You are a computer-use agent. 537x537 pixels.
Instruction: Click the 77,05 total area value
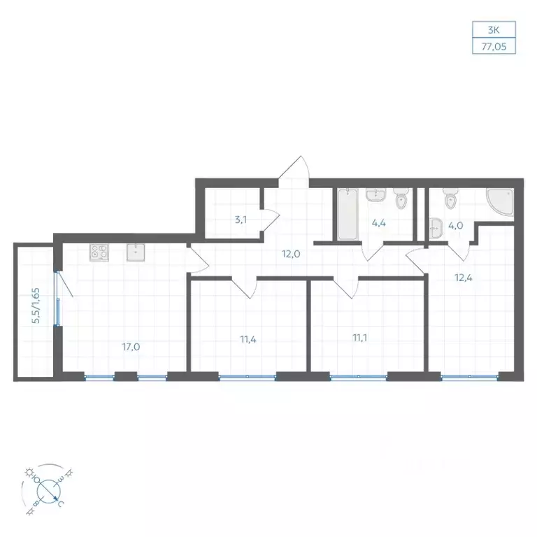click(494, 47)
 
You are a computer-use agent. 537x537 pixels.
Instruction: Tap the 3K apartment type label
click(494, 30)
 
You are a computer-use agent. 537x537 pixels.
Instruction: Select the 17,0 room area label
click(131, 347)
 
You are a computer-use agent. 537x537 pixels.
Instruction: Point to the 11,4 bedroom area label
click(248, 339)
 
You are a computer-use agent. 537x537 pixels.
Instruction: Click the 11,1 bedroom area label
click(360, 338)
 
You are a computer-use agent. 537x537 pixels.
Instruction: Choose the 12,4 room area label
click(464, 278)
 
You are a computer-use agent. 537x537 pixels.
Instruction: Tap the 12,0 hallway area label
click(291, 254)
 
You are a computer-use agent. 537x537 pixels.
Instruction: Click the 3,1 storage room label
click(241, 220)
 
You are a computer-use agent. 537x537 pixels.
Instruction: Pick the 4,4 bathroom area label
click(379, 223)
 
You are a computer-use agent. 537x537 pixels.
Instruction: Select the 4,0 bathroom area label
click(456, 226)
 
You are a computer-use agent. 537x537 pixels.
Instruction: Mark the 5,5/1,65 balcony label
click(36, 306)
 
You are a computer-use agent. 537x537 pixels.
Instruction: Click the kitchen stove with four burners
click(99, 252)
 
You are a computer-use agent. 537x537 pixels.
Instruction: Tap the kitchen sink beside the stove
click(136, 252)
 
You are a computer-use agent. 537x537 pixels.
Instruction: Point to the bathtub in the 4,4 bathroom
click(348, 214)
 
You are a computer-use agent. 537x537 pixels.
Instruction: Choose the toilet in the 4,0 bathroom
click(450, 199)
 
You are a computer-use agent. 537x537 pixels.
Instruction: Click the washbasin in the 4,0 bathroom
click(436, 228)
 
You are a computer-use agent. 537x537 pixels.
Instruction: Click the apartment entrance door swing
click(294, 172)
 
